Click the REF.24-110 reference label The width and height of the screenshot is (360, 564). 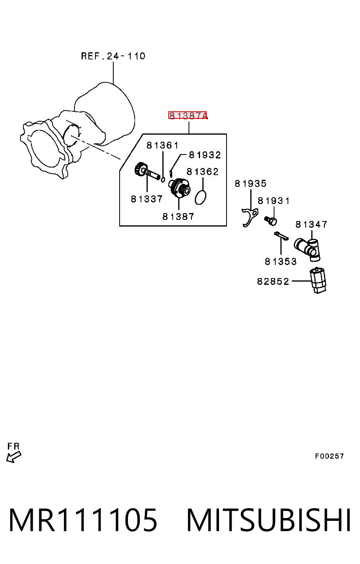coord(113,56)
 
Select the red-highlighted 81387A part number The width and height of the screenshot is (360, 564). coord(188,115)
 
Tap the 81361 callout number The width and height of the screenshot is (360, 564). coord(162,145)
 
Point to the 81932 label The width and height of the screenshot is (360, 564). coord(205,155)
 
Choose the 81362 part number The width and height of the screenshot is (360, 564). coord(203,171)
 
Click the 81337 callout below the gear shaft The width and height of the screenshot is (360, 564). coord(147,199)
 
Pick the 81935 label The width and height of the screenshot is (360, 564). coord(250,183)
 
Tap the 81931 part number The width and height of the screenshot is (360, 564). coord(274,201)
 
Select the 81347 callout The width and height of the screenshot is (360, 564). coord(311,224)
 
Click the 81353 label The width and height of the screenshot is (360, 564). coord(281,261)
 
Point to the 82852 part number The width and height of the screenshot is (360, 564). coord(273,281)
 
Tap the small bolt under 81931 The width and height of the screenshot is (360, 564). coord(271,221)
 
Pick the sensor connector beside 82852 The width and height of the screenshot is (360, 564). coord(318,280)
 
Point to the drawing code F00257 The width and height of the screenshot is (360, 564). coord(330,456)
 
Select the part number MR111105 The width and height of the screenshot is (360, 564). coord(83,520)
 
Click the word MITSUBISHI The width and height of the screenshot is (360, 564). coord(269,520)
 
